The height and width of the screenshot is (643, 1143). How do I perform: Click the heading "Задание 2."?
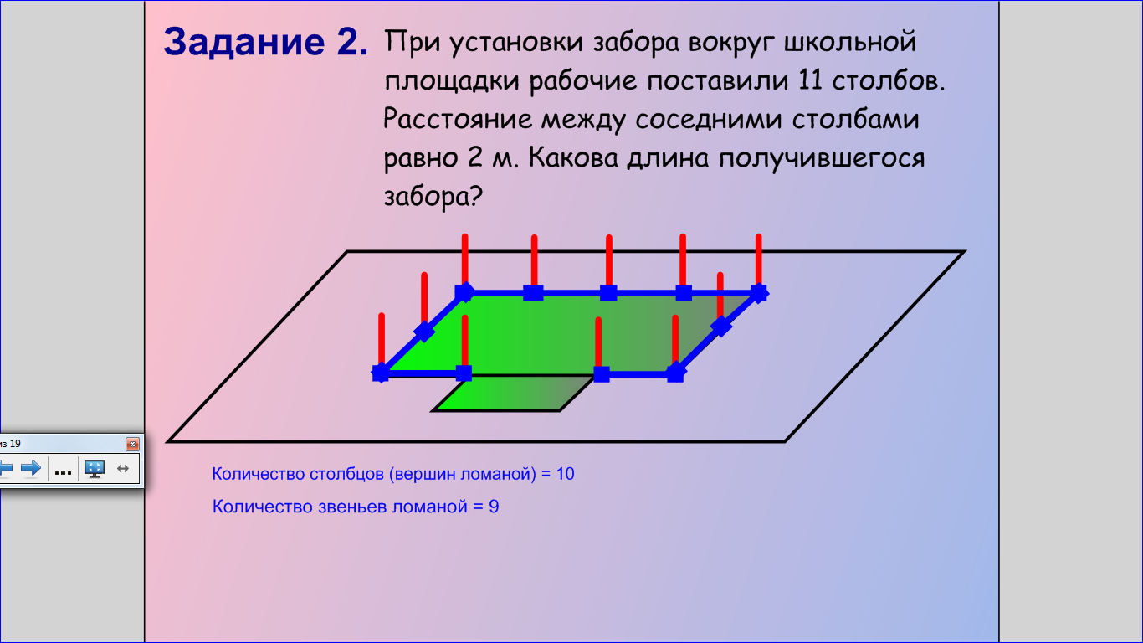click(x=265, y=42)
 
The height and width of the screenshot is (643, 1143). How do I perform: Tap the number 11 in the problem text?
click(x=810, y=80)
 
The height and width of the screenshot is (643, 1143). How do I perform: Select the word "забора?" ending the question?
click(x=433, y=197)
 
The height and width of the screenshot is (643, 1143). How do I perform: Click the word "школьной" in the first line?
click(x=849, y=42)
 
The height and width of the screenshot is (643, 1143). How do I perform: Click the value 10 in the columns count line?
click(x=565, y=474)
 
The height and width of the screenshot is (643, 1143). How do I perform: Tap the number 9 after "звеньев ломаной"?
click(x=494, y=507)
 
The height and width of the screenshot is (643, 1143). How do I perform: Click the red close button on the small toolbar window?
click(x=132, y=444)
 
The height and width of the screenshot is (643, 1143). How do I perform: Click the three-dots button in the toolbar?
click(x=63, y=470)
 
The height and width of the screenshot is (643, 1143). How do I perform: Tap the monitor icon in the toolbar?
click(x=95, y=469)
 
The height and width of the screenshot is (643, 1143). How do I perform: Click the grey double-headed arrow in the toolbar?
click(x=123, y=468)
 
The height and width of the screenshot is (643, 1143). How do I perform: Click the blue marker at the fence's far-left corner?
click(x=381, y=373)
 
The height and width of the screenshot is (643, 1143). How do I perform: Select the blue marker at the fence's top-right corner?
click(x=759, y=293)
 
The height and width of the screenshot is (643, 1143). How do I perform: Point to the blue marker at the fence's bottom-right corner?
click(x=675, y=373)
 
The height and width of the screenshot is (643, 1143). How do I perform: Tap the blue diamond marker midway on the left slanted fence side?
click(x=424, y=332)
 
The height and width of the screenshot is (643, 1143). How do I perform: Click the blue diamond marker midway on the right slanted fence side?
click(x=721, y=327)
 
